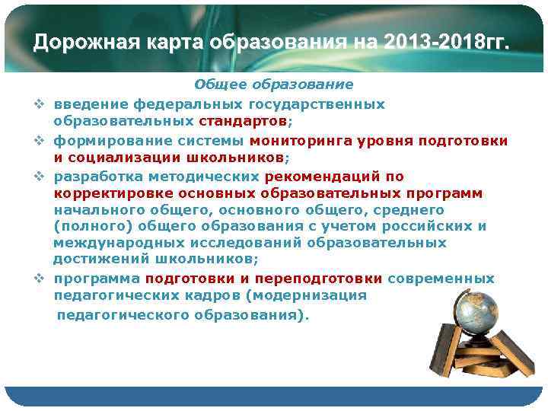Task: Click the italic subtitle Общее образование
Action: pyautogui.click(x=273, y=84)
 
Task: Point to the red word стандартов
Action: pyautogui.click(x=243, y=121)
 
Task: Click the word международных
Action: pyautogui.click(x=107, y=244)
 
